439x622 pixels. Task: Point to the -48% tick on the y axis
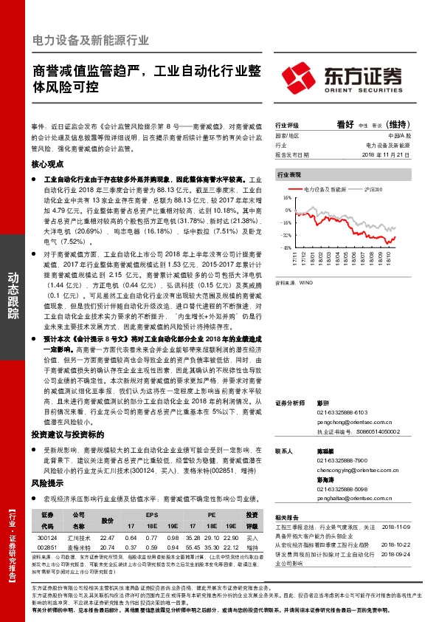(x=286, y=247)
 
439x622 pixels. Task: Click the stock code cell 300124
(x=47, y=537)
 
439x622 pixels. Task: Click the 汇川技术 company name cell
(x=79, y=537)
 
